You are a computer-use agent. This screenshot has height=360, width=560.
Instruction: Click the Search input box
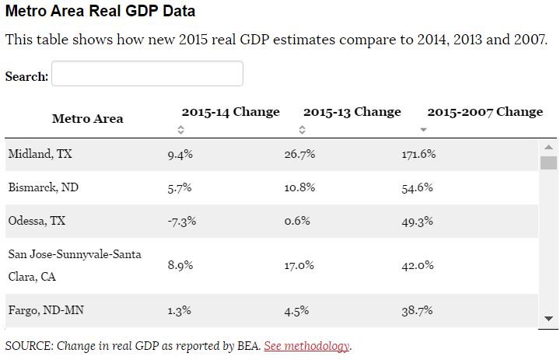point(147,74)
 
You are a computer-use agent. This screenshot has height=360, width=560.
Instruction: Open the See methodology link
point(307,346)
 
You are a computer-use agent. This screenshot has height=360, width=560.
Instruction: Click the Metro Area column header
point(87,119)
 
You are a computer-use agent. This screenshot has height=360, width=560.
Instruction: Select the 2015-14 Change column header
point(230,112)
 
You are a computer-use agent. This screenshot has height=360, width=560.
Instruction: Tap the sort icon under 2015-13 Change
point(303,130)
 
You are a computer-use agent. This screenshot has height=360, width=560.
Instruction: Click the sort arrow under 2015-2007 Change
point(423,130)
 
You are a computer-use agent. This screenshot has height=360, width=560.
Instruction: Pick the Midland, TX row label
point(40,154)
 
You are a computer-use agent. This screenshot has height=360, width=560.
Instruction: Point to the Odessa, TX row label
point(37,221)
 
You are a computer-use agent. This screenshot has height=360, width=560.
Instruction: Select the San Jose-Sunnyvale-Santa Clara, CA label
point(75,265)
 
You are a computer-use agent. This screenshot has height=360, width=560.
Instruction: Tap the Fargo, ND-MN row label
point(46,310)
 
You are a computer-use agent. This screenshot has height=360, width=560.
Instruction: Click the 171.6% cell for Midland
point(418,154)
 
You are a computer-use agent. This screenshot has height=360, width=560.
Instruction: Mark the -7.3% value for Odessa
point(181,221)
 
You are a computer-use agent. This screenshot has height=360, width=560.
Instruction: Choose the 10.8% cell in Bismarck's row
point(299,187)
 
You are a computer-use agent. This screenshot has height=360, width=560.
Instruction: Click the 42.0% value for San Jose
point(417,265)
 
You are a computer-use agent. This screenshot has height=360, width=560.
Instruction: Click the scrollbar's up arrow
point(548,146)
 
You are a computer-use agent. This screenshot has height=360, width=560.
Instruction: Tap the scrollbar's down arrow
point(548,318)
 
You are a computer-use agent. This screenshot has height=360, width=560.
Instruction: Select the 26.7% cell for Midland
point(299,154)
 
